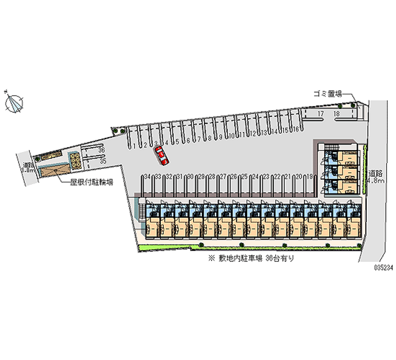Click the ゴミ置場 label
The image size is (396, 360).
point(326,93)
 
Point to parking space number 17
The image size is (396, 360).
point(320,114)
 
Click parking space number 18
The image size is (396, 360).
point(337,114)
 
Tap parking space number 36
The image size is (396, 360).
point(101,149)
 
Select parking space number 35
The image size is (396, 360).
point(102,161)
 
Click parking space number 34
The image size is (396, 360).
point(147,176)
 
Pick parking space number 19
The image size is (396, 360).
point(310,176)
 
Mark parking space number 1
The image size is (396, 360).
point(134,146)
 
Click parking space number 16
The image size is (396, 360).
point(296,130)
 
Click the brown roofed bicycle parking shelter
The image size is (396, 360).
point(50,170)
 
